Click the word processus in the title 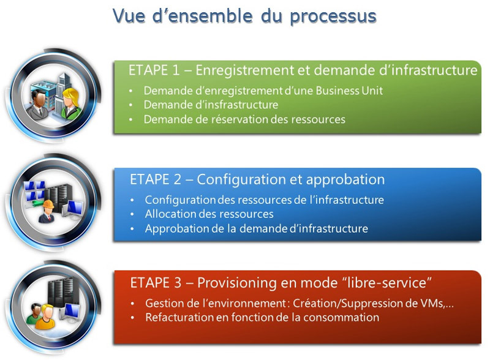point(333,17)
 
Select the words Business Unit point(349,91)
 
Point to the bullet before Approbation point(132,229)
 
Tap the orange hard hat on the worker point(49,204)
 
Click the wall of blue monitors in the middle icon point(35,190)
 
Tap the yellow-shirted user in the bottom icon point(47,317)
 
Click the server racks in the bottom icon point(59,292)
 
